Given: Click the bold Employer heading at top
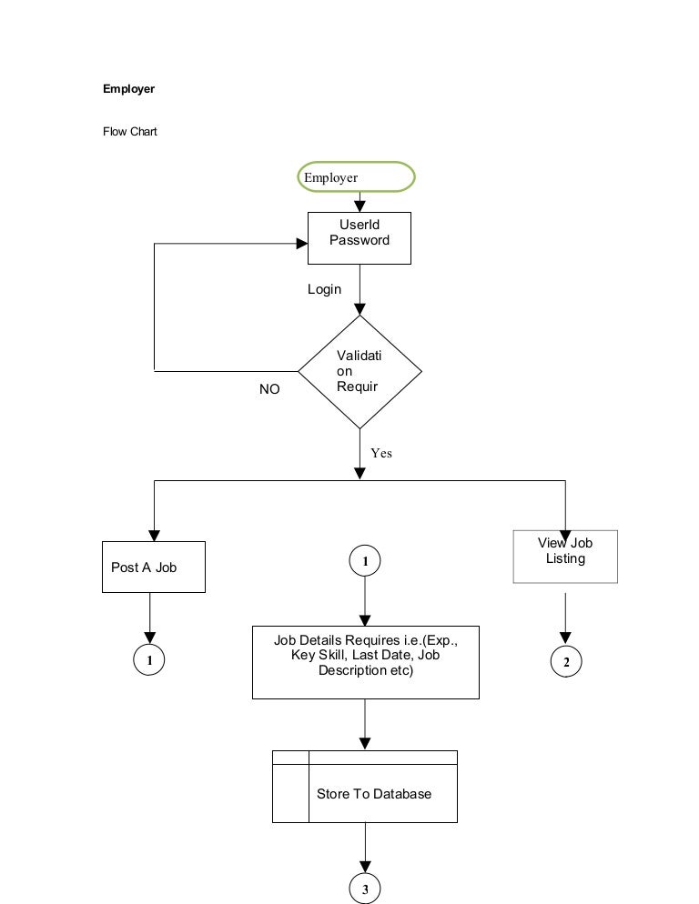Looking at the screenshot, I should [128, 89].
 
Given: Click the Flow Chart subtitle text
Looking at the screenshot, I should [129, 132].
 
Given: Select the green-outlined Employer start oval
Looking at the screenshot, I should [356, 177].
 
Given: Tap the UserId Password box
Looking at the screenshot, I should [360, 237].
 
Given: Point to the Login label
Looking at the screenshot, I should [324, 289].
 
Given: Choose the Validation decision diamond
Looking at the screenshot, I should [360, 372].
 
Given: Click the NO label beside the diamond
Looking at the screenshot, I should [269, 389].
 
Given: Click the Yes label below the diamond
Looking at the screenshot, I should [381, 453].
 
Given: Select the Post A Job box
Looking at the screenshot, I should [153, 567].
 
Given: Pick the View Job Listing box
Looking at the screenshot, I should [565, 556].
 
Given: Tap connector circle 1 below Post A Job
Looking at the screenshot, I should [149, 661].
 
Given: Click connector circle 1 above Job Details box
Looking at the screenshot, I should [365, 562].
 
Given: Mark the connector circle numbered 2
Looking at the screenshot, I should [566, 662].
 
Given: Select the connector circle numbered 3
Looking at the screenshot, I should [365, 890].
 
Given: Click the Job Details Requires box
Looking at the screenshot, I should [365, 661].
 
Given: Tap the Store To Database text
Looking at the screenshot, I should [373, 794].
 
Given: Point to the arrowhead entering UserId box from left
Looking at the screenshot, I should [301, 244].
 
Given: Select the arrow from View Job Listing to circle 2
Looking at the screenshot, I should [566, 618].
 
